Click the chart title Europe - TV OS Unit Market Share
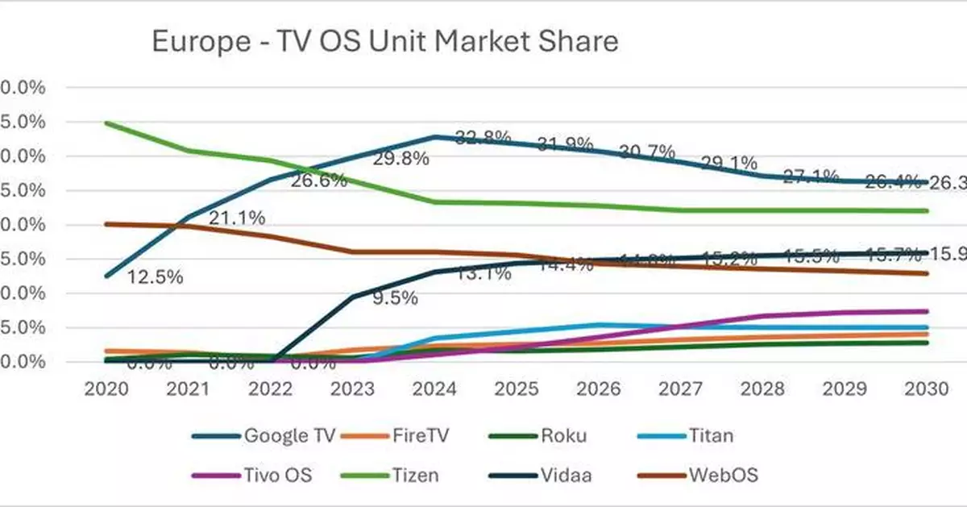(x=385, y=41)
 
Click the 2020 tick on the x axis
(x=106, y=389)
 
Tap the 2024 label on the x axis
(x=435, y=389)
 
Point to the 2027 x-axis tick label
(x=682, y=389)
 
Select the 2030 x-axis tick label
(x=927, y=389)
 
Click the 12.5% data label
(x=155, y=277)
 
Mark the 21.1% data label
(x=237, y=218)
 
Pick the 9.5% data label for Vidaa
(x=395, y=297)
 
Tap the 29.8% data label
(x=400, y=160)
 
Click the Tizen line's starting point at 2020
(x=107, y=123)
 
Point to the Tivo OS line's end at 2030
(x=927, y=310)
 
